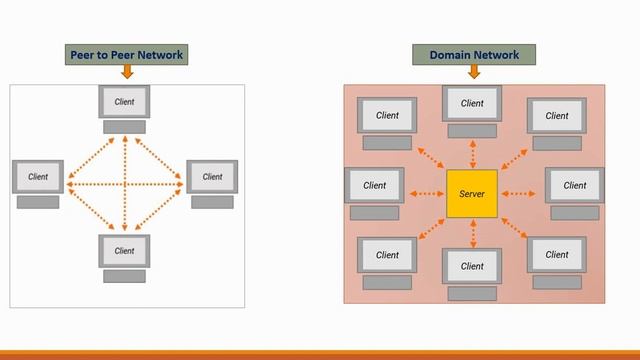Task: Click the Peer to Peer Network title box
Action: coord(126,54)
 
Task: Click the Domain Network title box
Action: coord(473,54)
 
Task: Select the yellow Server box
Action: coord(472,193)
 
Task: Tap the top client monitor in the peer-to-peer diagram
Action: coord(125,102)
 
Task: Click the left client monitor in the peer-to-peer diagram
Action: coord(38,176)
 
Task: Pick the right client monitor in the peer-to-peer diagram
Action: coord(212,176)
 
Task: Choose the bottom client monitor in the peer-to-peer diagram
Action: coord(125,250)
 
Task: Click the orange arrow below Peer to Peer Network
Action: coord(126,72)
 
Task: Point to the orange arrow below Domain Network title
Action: coord(473,72)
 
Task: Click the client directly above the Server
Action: coord(472,103)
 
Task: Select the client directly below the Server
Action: coord(472,266)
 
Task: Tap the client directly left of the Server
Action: coord(374,185)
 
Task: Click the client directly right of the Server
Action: coord(574,185)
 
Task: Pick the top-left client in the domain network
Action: coord(387,115)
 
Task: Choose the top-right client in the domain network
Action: coord(557,115)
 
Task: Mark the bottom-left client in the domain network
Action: coord(387,255)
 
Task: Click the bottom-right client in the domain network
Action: coord(557,255)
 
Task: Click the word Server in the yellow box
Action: coord(472,193)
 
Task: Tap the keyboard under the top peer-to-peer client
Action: coord(125,127)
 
